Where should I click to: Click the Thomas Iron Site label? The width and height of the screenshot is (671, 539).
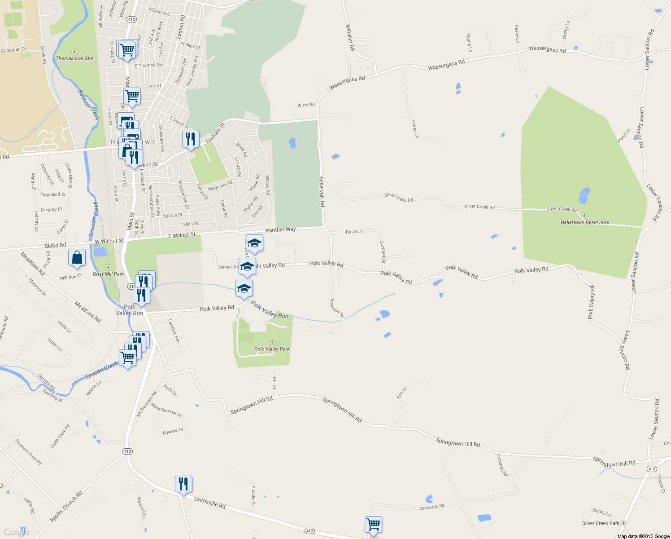pos(74,58)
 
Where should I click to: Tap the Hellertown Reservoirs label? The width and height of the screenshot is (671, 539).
pos(584,222)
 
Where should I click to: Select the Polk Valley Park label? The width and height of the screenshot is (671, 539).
pos(272,349)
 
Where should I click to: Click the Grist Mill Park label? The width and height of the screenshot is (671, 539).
pos(108,274)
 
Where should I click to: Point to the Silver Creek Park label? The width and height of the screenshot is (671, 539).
pos(601,523)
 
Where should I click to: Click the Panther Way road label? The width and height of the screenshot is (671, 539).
pos(280,230)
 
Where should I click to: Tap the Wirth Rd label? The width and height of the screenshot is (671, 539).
pos(306,105)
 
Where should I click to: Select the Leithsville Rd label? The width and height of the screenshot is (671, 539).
pos(209,502)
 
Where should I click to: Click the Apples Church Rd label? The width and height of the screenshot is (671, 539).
pos(66,507)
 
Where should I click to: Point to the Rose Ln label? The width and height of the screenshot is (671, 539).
pos(354,232)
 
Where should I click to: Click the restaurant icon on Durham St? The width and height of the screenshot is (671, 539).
pos(191,140)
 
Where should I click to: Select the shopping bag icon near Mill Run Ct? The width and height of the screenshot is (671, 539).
pos(77,258)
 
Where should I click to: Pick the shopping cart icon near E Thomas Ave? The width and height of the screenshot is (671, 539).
pos(127,49)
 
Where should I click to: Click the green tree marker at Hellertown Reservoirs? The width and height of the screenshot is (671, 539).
pos(584,216)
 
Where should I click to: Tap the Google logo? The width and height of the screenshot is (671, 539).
pos(16,532)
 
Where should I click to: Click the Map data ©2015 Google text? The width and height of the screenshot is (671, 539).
pos(643,536)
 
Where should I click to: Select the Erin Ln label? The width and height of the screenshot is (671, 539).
pos(401,393)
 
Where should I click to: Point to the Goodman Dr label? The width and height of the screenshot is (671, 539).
pos(13,50)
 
